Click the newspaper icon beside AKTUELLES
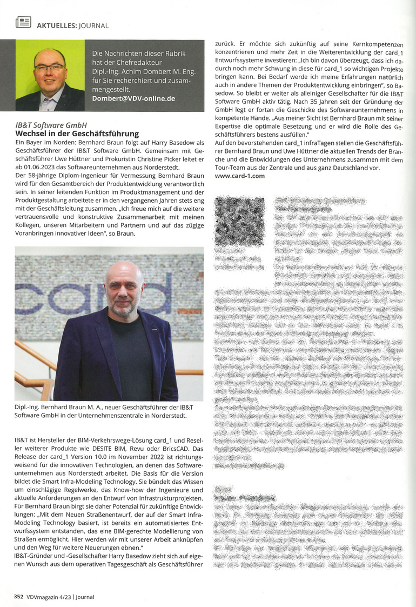pos(23,22)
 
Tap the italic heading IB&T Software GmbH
pos(51,125)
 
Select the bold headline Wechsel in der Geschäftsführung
pos(77,133)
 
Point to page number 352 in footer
pos(18,596)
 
